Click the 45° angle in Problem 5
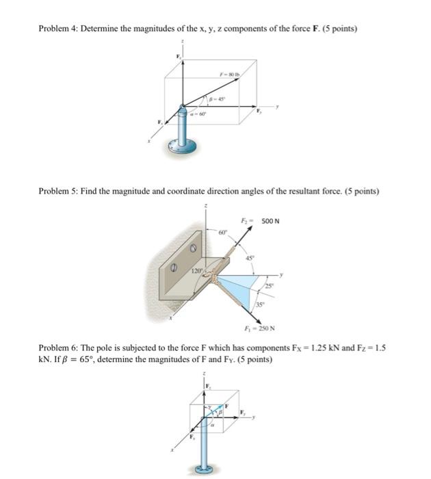pyautogui.click(x=249, y=258)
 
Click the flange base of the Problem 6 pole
pyautogui.click(x=204, y=469)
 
